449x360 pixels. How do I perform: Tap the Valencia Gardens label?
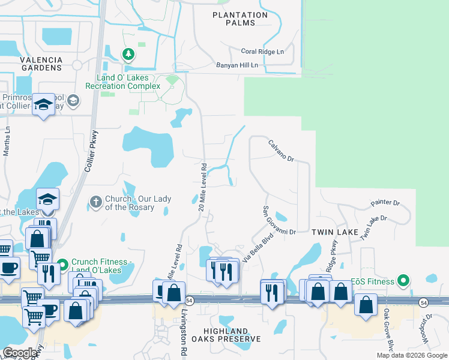point(41,64)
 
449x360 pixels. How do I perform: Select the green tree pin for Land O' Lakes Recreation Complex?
point(128,55)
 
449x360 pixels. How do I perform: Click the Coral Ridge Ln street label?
point(262,52)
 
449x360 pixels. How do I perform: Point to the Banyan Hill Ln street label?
point(237,65)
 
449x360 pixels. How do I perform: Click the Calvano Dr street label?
point(280,151)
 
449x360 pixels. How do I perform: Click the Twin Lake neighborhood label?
point(335,232)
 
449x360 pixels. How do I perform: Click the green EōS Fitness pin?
point(404,280)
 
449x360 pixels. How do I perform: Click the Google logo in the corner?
point(20,353)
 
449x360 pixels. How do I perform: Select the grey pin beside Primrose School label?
point(73,100)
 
